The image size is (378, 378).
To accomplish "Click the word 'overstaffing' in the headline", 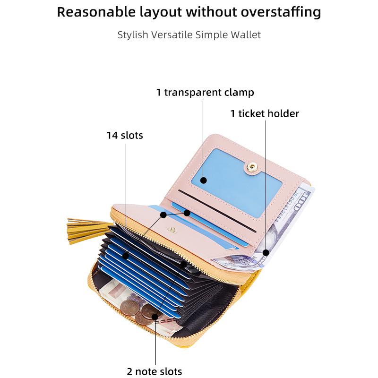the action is coord(281,13).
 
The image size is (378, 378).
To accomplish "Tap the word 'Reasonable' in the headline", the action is coord(96,12).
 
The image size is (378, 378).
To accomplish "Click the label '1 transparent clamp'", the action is coord(205,93).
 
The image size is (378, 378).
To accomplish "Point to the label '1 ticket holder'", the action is coord(265,113).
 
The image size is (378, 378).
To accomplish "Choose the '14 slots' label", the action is coord(125,135).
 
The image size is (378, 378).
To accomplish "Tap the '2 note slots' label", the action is coord(155,371).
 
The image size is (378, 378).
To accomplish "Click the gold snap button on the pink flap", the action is coord(252,166).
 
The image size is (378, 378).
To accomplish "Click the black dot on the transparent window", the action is coord(204,180).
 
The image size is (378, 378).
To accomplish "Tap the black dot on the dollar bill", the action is coord(266,253).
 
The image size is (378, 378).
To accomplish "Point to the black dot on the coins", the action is coord(155,317).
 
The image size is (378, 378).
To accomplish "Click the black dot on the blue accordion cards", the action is coord(126,256).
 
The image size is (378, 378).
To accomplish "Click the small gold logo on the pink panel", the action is coord(172,230).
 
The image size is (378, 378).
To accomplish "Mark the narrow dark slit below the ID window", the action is coord(217,211).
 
